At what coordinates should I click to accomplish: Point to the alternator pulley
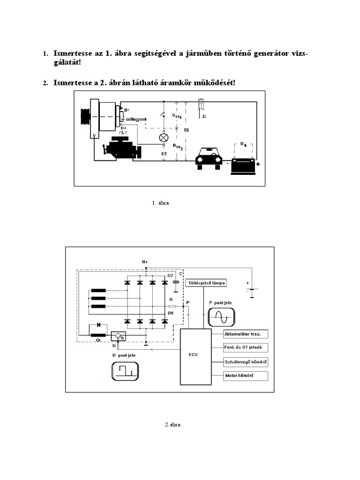tap(85, 116)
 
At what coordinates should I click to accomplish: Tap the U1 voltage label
tap(186, 130)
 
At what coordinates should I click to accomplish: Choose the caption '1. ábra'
tap(160, 203)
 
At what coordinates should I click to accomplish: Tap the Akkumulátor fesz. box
tap(246, 334)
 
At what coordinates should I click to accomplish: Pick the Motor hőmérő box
tap(246, 376)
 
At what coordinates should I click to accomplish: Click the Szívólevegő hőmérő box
tap(246, 362)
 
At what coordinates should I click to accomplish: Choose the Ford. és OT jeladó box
tap(246, 348)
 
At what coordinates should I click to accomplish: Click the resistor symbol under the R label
tap(172, 306)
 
